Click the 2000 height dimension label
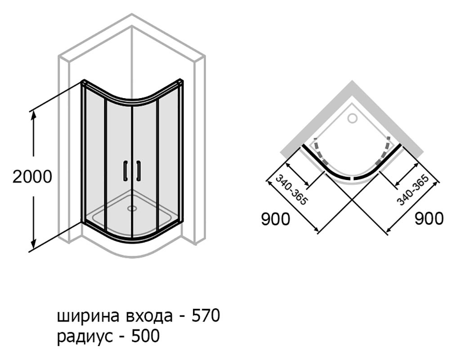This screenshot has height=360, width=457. tap(32, 177)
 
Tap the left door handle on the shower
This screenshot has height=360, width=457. tap(125, 171)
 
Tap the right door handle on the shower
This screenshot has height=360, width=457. tap(139, 171)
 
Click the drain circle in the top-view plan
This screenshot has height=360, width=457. tap(353, 118)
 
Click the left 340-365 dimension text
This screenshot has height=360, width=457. tap(291, 190)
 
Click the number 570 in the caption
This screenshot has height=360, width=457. tap(205, 316)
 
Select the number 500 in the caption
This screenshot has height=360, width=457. tap(145, 336)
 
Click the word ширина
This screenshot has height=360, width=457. tap(88, 317)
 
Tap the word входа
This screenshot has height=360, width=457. tap(148, 317)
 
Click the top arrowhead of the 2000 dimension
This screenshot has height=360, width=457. tap(34, 115)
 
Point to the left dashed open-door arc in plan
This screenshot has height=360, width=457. tap(319, 152)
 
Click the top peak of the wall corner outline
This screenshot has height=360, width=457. tap(132, 13)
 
